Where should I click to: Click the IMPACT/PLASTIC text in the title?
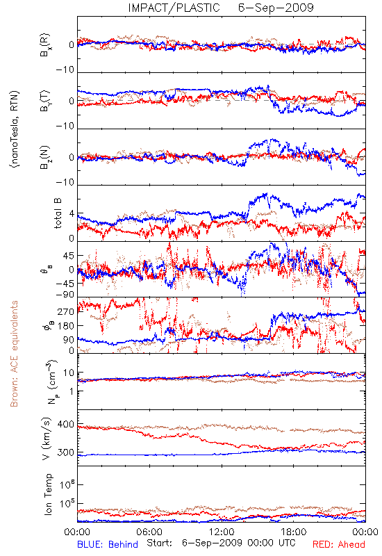(x=174, y=8)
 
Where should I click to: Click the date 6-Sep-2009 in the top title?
(x=276, y=8)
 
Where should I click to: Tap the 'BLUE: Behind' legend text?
(x=108, y=544)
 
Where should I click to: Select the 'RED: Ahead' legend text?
(x=338, y=544)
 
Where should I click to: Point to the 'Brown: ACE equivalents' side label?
(x=14, y=354)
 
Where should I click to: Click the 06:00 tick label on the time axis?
(x=149, y=532)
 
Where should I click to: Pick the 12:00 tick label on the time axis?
(x=222, y=532)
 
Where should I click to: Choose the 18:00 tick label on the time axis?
(x=294, y=532)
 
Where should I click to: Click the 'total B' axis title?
(x=58, y=213)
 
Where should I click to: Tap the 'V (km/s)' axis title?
(x=47, y=439)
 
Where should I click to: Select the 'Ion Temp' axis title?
(x=48, y=494)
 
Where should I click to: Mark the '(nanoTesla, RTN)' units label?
(x=15, y=129)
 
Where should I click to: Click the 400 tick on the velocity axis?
(x=66, y=425)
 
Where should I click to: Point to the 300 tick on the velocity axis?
(x=66, y=452)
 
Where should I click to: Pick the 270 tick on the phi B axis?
(x=66, y=311)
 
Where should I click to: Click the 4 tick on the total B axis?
(x=72, y=214)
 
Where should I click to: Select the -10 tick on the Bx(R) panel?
(x=65, y=70)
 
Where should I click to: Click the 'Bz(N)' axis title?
(x=45, y=157)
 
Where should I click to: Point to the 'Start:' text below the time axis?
(x=159, y=543)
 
